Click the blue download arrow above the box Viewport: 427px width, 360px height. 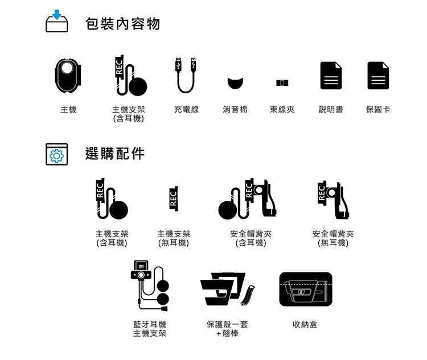[x=56, y=14]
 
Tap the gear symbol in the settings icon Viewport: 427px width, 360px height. [x=56, y=156]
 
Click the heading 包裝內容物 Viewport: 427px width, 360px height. [x=122, y=24]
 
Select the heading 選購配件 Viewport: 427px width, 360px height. [x=114, y=154]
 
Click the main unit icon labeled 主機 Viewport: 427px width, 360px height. [x=68, y=76]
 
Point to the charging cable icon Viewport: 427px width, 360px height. [x=186, y=76]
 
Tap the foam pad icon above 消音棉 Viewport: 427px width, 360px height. [x=235, y=83]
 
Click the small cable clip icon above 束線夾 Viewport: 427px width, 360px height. [x=282, y=82]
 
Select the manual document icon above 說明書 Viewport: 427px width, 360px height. [x=331, y=76]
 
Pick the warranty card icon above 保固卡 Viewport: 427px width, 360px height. [x=378, y=76]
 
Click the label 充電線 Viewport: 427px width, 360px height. [x=186, y=109]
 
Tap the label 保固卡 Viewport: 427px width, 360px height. [x=378, y=109]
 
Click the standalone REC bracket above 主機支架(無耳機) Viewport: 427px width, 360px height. [x=174, y=198]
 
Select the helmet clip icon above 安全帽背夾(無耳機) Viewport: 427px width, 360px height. [x=333, y=200]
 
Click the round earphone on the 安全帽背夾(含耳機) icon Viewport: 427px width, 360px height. [x=228, y=210]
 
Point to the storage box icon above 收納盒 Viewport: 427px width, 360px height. [x=306, y=289]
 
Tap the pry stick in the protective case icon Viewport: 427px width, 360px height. [x=248, y=295]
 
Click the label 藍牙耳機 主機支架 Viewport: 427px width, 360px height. [x=150, y=329]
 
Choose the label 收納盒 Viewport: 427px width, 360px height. [x=305, y=324]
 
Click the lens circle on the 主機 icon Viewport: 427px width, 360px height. [x=67, y=68]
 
